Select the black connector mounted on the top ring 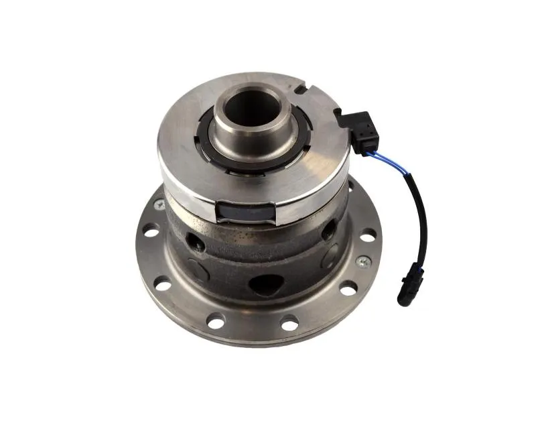(359, 130)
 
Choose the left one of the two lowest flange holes (216, 322)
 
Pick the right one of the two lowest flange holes (289, 324)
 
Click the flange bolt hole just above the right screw (367, 236)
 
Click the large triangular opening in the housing (266, 285)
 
